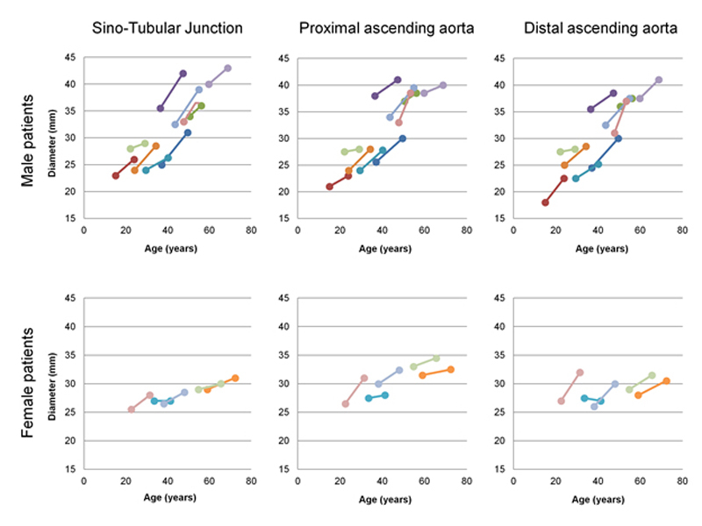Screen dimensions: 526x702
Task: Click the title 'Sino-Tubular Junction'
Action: coord(168,28)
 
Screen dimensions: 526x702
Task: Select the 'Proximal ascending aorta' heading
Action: coord(387,28)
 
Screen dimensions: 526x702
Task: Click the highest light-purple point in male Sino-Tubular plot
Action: coord(227,68)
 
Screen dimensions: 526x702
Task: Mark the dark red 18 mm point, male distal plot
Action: coord(545,203)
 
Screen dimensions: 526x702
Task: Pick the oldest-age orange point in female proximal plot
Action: coord(451,369)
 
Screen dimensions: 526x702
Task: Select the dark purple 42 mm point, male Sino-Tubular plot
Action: coord(183,74)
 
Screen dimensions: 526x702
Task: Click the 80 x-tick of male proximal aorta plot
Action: coord(466,231)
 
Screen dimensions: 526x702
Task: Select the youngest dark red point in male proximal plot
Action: coord(329,186)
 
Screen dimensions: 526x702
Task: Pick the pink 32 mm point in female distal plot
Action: coord(580,373)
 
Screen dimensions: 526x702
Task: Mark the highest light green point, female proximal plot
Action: coord(436,358)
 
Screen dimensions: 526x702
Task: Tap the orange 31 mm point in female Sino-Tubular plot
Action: coord(234,378)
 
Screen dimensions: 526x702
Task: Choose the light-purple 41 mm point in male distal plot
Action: coord(659,80)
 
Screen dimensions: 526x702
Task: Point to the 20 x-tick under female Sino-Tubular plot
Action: coord(125,480)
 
